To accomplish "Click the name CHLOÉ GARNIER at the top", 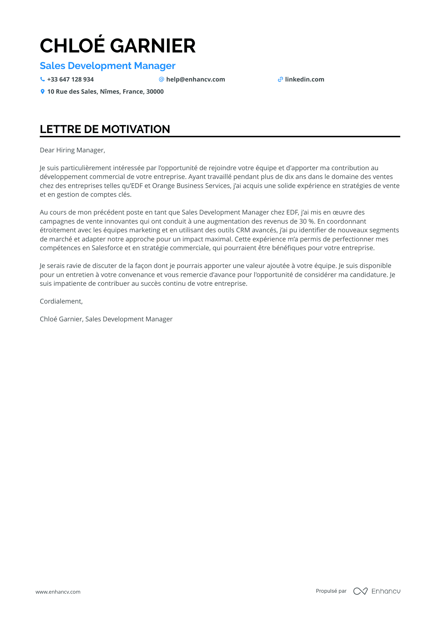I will (x=118, y=46).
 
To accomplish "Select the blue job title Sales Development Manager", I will (x=108, y=66).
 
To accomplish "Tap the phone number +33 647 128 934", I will (x=70, y=80).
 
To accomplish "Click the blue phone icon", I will (x=42, y=79).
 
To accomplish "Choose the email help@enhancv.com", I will (x=195, y=80).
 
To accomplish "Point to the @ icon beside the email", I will (x=161, y=79).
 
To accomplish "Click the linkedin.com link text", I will (x=304, y=80).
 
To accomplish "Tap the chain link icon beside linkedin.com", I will (x=280, y=80).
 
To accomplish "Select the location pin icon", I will (x=42, y=91).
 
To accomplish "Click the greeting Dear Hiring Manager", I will (x=72, y=150).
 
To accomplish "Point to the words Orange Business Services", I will (x=191, y=186).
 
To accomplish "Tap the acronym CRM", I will (x=243, y=230).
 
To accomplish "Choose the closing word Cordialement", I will (x=61, y=301).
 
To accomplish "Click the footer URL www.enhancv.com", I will (x=58, y=592).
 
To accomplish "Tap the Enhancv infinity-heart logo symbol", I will (x=360, y=591).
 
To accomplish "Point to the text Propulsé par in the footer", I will (x=331, y=591).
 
